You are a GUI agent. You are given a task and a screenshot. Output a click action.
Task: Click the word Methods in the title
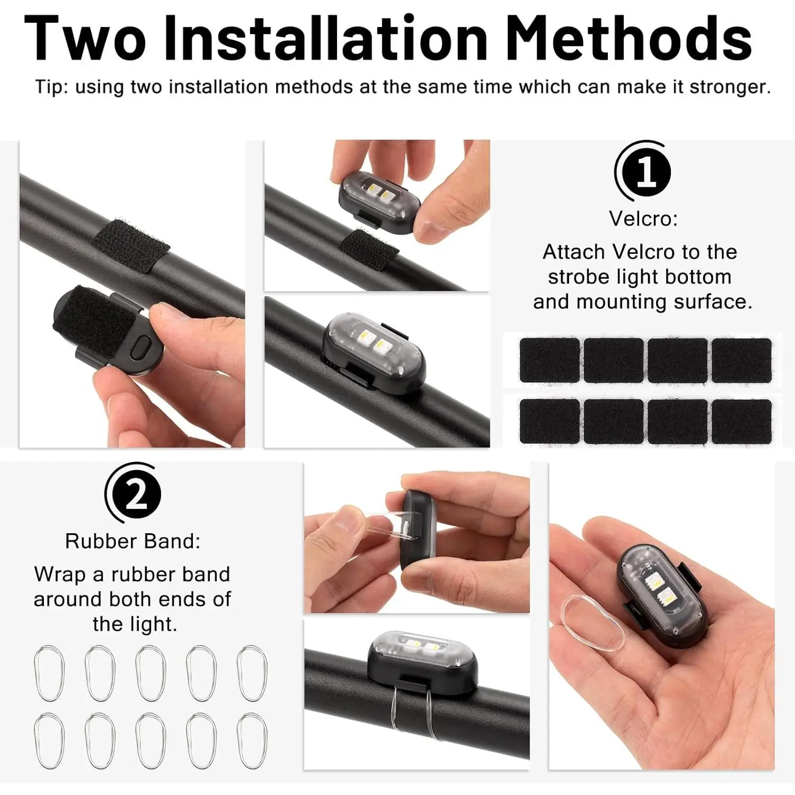629,38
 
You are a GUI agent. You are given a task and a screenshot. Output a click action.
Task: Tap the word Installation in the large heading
326,38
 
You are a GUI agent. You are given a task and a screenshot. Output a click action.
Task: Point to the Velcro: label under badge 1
643,218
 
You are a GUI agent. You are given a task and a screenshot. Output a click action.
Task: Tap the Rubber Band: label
133,541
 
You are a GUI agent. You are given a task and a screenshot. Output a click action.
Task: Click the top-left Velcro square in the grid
550,360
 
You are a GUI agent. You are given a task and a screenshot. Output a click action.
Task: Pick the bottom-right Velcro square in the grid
741,421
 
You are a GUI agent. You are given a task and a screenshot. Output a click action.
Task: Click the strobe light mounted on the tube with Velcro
374,352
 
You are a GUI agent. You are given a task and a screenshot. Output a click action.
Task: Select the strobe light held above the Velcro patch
380,202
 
